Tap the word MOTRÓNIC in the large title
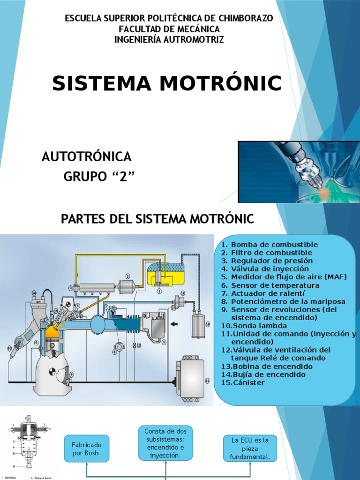pyautogui.click(x=217, y=83)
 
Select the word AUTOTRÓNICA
pyautogui.click(x=87, y=157)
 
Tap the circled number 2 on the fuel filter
pyautogui.click(x=127, y=276)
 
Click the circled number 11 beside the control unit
pyautogui.click(x=207, y=381)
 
